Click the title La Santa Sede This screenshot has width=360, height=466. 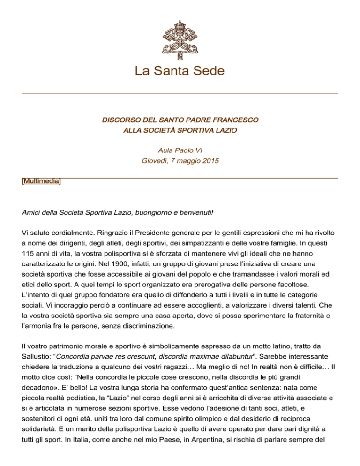[x=180, y=71]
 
